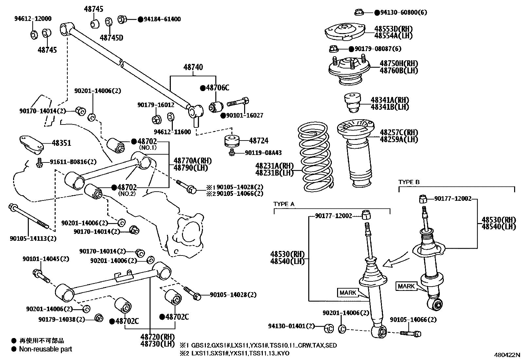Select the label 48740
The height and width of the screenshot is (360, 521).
tap(193, 67)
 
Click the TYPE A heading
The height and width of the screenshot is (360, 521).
tap(284, 204)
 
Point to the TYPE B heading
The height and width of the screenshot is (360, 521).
tap(409, 182)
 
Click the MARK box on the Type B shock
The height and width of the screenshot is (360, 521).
tap(406, 286)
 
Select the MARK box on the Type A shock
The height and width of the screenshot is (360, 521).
tap(348, 293)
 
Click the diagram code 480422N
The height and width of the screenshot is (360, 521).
tap(507, 354)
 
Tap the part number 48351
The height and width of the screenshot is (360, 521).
tap(61, 143)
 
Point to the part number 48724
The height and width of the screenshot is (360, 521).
tap(259, 141)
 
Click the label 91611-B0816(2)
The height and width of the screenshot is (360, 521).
tap(73, 162)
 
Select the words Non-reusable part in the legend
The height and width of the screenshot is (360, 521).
tap(45, 349)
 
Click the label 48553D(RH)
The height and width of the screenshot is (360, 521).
tap(393, 29)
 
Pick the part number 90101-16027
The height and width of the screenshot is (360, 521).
tap(244, 116)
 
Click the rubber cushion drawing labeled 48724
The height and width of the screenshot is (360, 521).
tap(232, 141)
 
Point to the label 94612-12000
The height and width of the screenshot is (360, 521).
tap(33, 19)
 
